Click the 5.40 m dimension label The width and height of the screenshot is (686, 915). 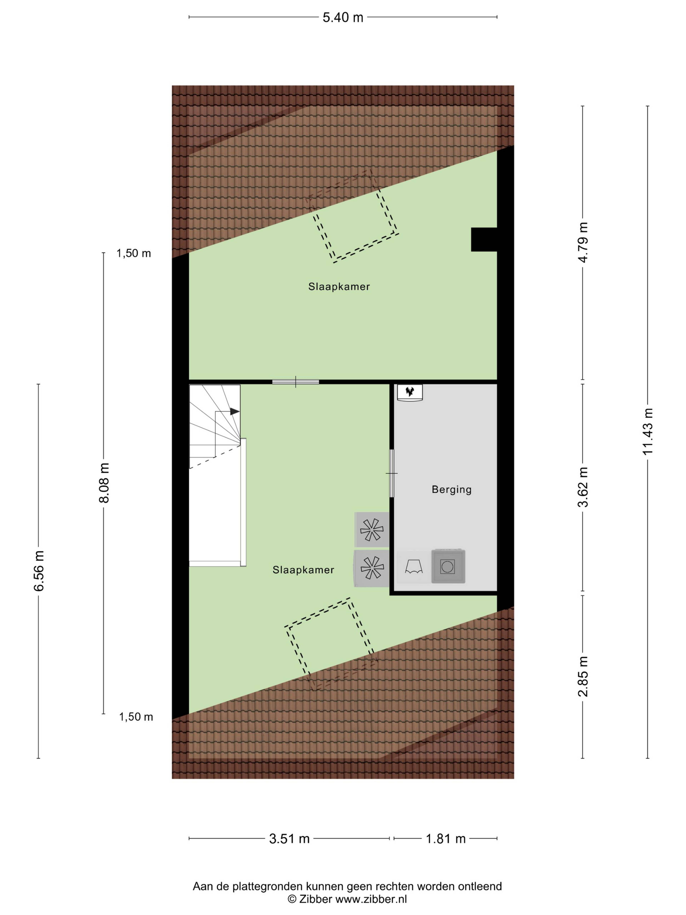pyautogui.click(x=343, y=17)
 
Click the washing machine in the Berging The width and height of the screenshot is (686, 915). pyautogui.click(x=448, y=566)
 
